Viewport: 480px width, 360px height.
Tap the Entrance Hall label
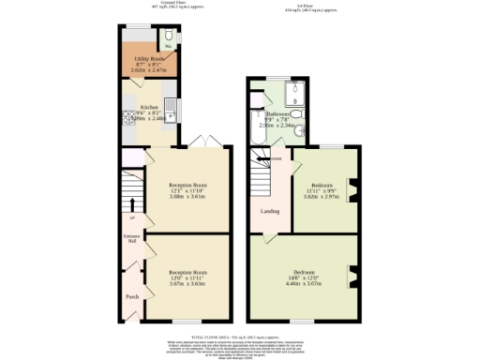tap(131, 237)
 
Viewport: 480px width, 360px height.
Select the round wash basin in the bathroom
tap(299, 132)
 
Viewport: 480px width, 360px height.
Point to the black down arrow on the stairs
tap(271, 160)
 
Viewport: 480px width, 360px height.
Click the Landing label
tap(269, 211)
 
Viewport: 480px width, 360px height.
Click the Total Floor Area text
tap(239, 335)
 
